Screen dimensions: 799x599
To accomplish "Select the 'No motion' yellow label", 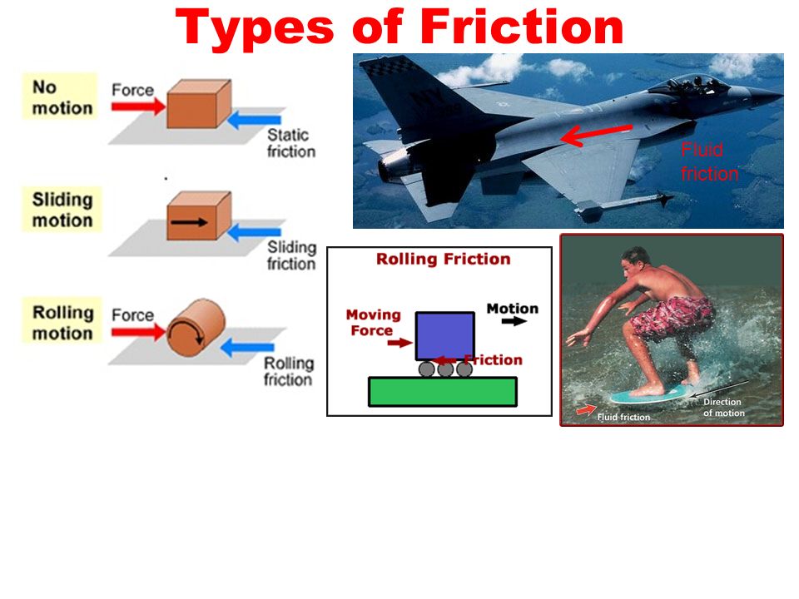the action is pos(60,97).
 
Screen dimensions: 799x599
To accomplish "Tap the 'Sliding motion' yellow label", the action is pos(62,210).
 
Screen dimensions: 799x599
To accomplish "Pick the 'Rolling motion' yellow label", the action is pos(62,322).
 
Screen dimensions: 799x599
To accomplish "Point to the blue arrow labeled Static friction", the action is pos(254,120).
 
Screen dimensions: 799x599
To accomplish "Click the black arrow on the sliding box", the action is pos(189,222).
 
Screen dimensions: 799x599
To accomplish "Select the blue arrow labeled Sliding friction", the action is pos(254,233).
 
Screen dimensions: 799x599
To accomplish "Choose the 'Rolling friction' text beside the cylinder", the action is pos(289,371).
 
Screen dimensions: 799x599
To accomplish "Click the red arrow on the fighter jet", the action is pos(596,135).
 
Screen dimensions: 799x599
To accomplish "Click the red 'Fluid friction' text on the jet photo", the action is pos(709,161).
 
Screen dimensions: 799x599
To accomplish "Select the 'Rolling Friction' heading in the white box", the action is pos(444,259).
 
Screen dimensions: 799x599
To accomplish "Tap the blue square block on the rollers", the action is pos(444,335).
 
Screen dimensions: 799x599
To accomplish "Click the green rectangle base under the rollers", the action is pos(442,392).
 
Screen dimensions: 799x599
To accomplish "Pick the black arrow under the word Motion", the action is pos(514,321).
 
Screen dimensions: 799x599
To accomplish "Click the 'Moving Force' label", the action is pos(373,323).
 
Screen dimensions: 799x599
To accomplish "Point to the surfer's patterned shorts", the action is pos(672,317).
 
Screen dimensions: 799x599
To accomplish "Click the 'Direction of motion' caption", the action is pos(723,408).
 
